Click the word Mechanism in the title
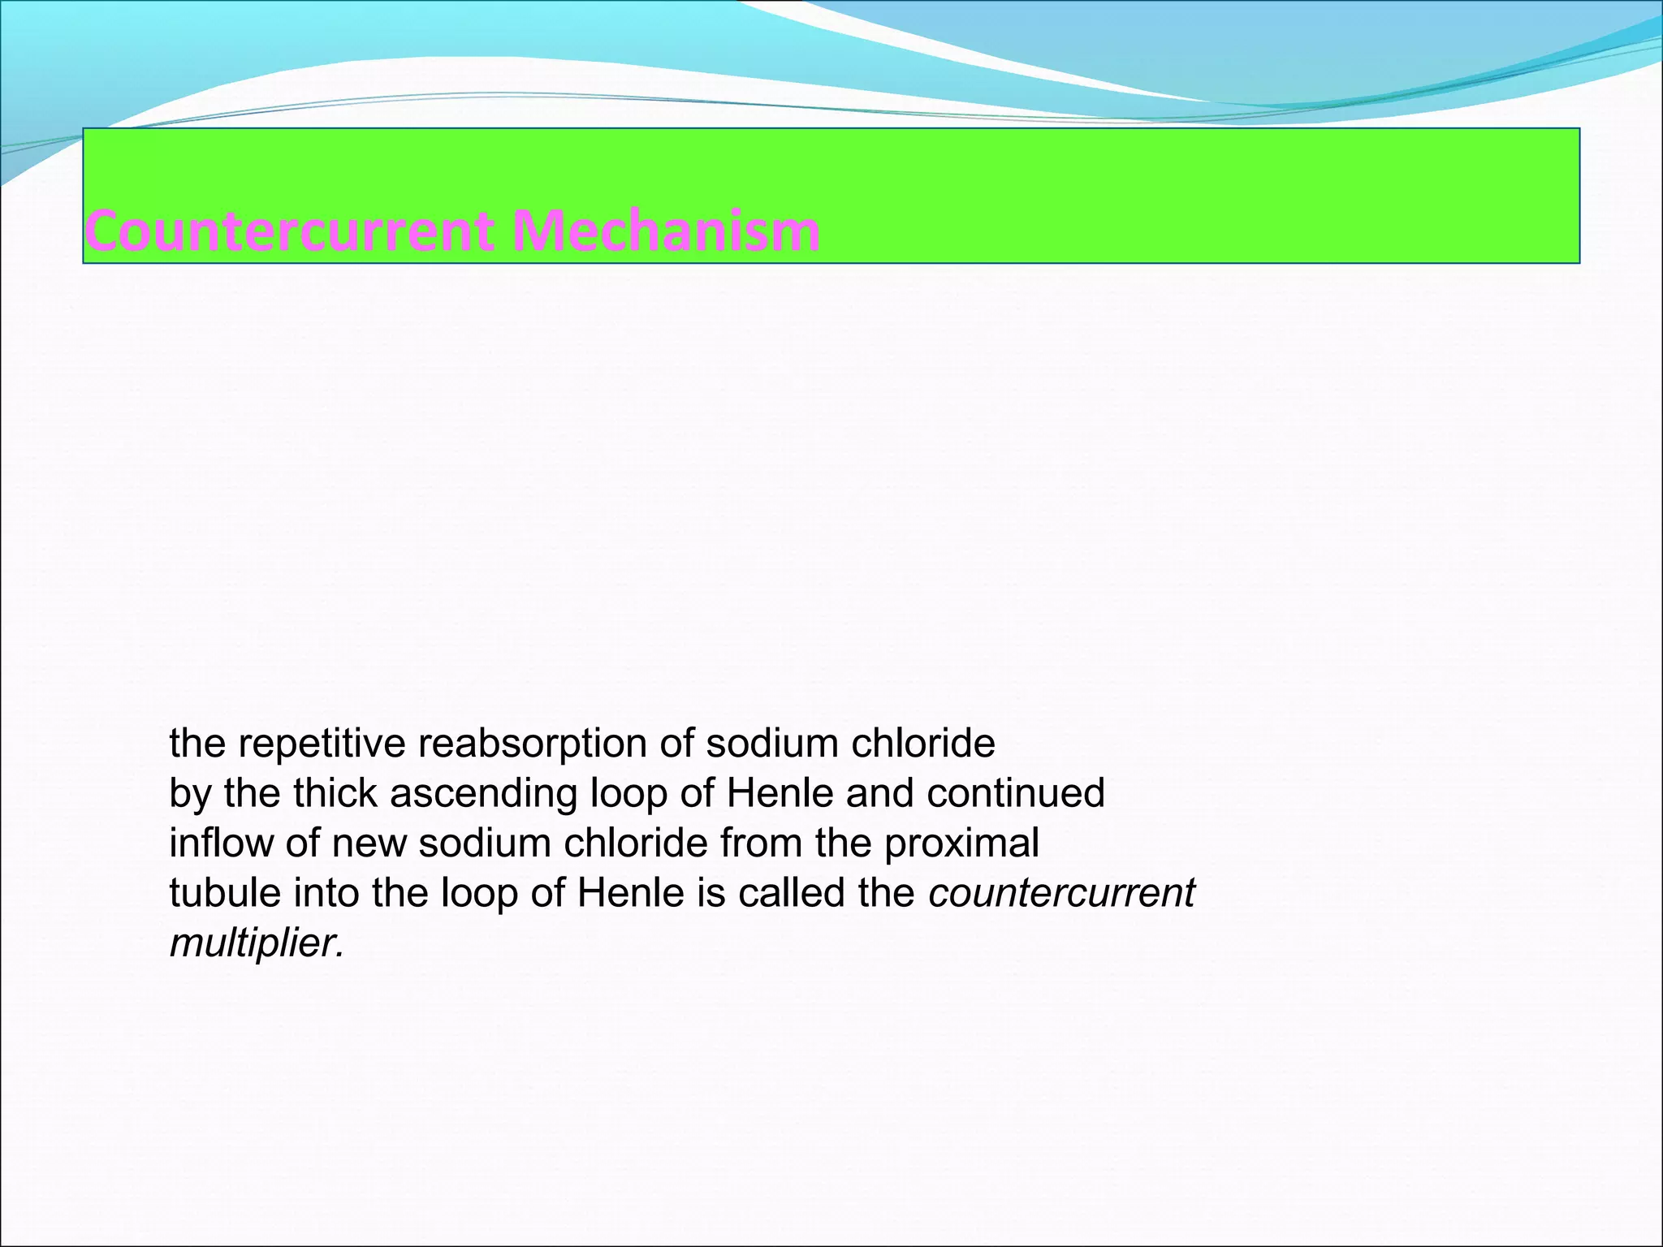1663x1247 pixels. [x=665, y=231]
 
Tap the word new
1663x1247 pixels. [x=369, y=843]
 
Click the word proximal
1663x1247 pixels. [x=961, y=843]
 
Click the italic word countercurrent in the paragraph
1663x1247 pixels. [x=1061, y=893]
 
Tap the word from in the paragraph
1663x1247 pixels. [x=761, y=843]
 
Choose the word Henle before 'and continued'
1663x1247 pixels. [x=780, y=793]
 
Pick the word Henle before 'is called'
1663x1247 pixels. [x=630, y=893]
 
